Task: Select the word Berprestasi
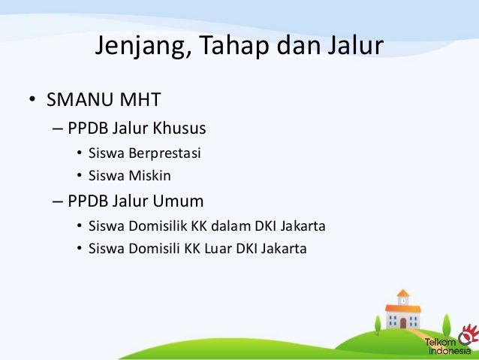[165, 154]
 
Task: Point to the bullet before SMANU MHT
[32, 101]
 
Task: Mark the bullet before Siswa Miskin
[79, 177]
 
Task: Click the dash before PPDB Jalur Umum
[59, 201]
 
